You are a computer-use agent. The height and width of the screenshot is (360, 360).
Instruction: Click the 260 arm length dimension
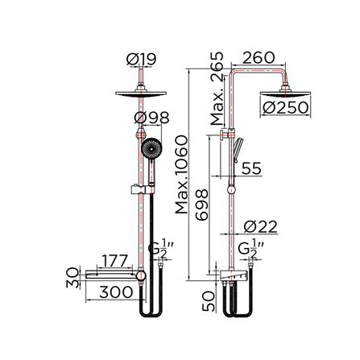[258, 58]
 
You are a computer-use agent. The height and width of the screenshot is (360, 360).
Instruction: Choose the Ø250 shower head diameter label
[286, 105]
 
